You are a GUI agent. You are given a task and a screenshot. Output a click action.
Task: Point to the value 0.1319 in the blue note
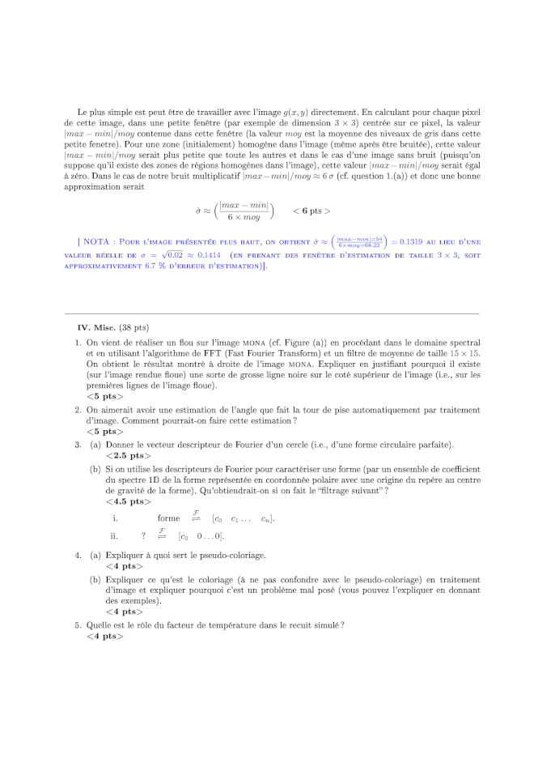[412, 241]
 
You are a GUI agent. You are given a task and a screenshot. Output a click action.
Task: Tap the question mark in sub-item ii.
[143, 535]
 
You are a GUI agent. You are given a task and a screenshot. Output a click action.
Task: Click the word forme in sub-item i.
[168, 518]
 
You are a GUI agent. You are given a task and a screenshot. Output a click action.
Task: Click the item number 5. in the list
[78, 624]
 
